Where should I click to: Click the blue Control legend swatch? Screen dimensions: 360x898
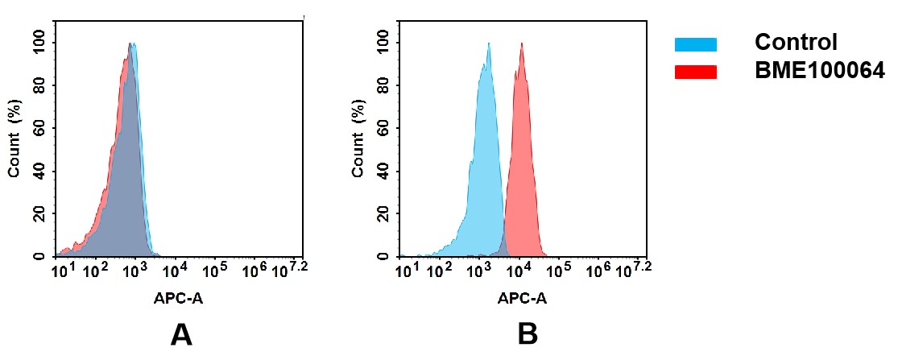(x=695, y=43)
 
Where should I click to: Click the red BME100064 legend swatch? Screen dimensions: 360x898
(x=695, y=72)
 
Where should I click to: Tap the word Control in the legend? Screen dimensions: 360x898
(x=796, y=43)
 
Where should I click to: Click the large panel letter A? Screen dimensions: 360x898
(x=181, y=334)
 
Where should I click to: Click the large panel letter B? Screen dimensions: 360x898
(x=527, y=334)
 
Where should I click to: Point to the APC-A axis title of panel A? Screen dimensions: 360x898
(x=178, y=299)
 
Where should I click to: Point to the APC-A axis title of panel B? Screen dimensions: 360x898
(x=522, y=299)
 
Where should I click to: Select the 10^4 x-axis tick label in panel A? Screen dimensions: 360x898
(x=175, y=270)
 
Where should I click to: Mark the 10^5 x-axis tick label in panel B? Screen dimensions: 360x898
(x=557, y=270)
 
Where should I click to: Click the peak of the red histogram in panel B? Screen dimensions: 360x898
(x=522, y=44)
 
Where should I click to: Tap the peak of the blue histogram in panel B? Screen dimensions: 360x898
(x=488, y=44)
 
